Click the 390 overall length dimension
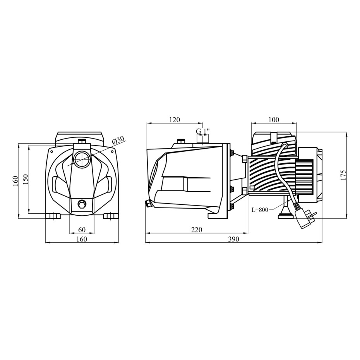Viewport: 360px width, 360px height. [x=234, y=239]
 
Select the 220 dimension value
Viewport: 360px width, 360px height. [x=197, y=230]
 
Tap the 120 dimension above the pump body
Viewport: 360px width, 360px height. [x=175, y=120]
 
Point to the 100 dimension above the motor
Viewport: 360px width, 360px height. [x=274, y=120]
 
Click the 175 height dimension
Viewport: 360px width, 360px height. [x=343, y=175]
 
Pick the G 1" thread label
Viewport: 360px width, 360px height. [x=203, y=131]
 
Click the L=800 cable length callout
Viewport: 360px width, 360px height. [x=260, y=210]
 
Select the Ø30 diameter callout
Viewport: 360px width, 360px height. [x=118, y=140]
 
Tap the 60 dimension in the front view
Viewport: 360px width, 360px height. [x=82, y=230]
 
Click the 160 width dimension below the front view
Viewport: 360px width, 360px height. [x=82, y=239]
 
